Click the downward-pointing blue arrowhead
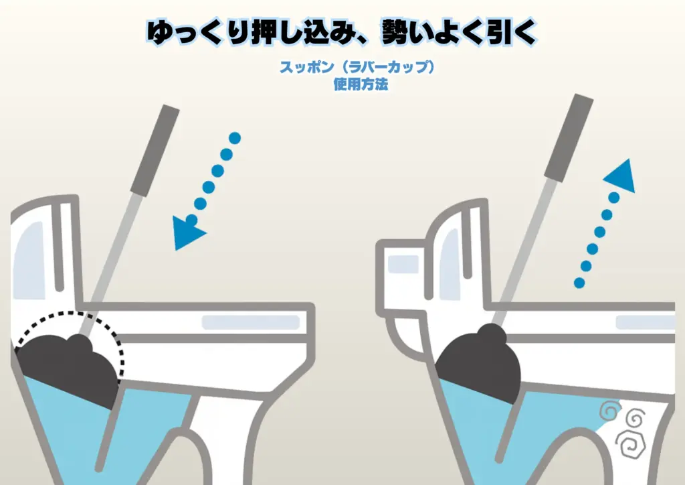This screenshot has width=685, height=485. pyautogui.click(x=187, y=232)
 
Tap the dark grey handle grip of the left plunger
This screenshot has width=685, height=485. pyautogui.click(x=155, y=150)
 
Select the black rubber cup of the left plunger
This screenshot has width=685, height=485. pyautogui.click(x=70, y=370)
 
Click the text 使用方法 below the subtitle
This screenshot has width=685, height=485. pyautogui.click(x=361, y=84)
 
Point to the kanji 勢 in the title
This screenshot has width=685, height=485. pyautogui.click(x=399, y=32)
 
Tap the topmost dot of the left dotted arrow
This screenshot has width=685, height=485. pyautogui.click(x=235, y=138)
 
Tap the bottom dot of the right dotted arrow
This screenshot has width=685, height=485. pyautogui.click(x=579, y=283)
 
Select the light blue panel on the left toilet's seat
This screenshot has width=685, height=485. pyautogui.click(x=251, y=322)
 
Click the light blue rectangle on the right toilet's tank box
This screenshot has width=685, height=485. pyautogui.click(x=403, y=264)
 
